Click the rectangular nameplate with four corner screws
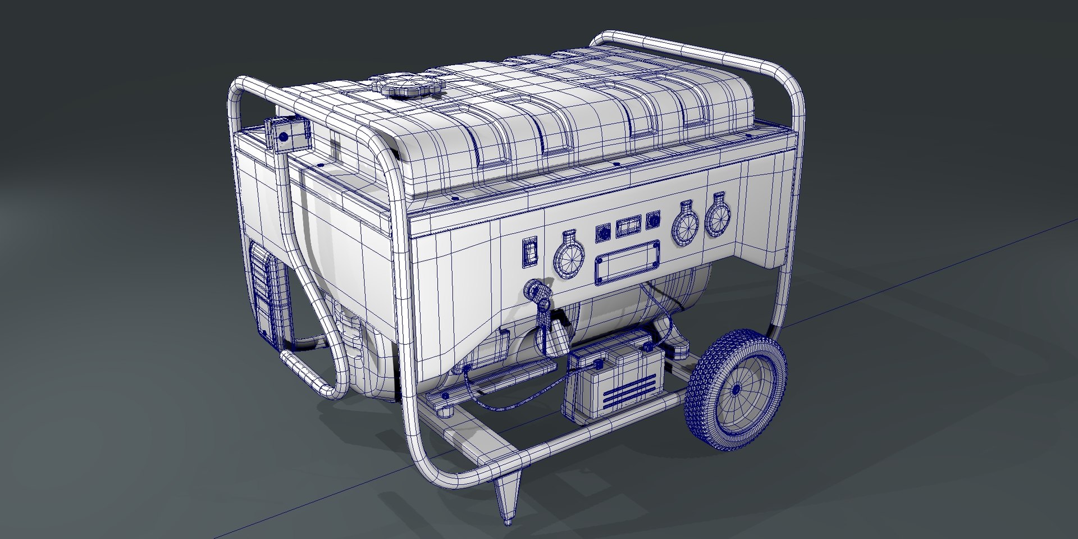click(628, 263)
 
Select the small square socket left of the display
click(602, 232)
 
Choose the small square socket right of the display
click(652, 221)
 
